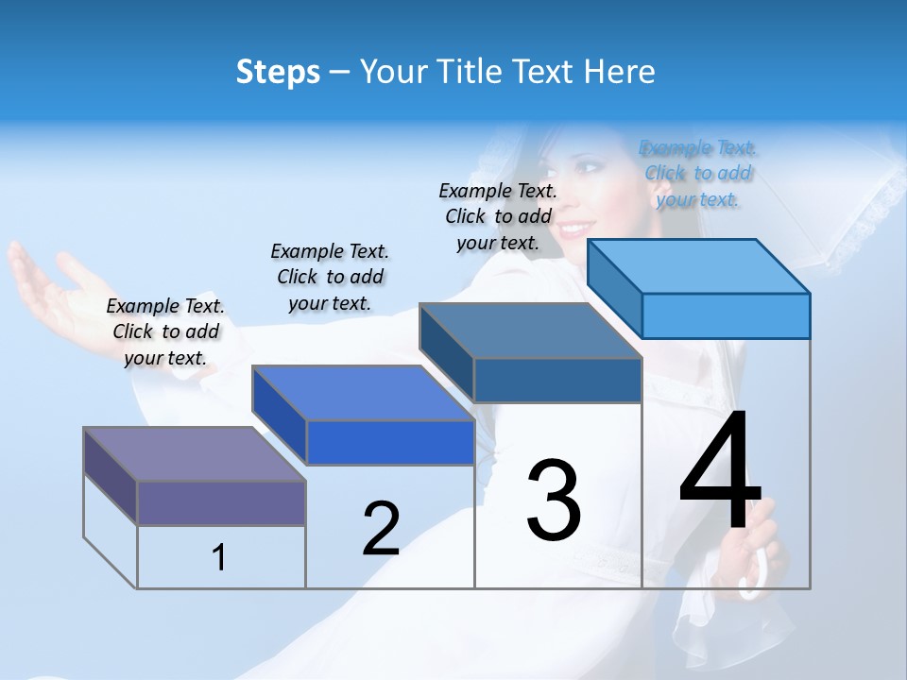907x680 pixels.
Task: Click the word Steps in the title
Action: click(278, 72)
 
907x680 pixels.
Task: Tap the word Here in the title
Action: click(619, 72)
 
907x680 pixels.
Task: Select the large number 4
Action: click(720, 472)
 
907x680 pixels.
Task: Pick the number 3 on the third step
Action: click(554, 500)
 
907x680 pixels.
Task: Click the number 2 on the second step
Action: click(381, 529)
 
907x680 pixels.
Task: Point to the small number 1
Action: click(219, 557)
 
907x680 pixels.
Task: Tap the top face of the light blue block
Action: click(699, 265)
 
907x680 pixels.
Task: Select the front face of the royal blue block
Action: click(390, 442)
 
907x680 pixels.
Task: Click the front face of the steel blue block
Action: click(557, 380)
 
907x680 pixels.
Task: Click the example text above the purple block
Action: click(165, 331)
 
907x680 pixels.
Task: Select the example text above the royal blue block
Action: click(330, 277)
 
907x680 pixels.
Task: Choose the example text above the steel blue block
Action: click(498, 216)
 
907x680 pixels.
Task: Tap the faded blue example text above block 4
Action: click(698, 173)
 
